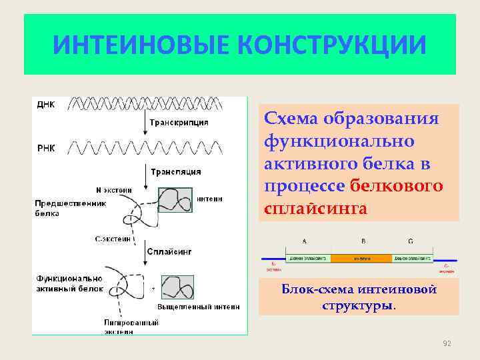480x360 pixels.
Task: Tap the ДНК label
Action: [46, 105]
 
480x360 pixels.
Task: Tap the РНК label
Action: [46, 148]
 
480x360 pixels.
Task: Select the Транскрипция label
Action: [179, 123]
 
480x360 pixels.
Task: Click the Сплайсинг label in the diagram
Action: [171, 252]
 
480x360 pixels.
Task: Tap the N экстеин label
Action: [114, 189]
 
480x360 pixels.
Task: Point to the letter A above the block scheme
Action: [305, 241]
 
